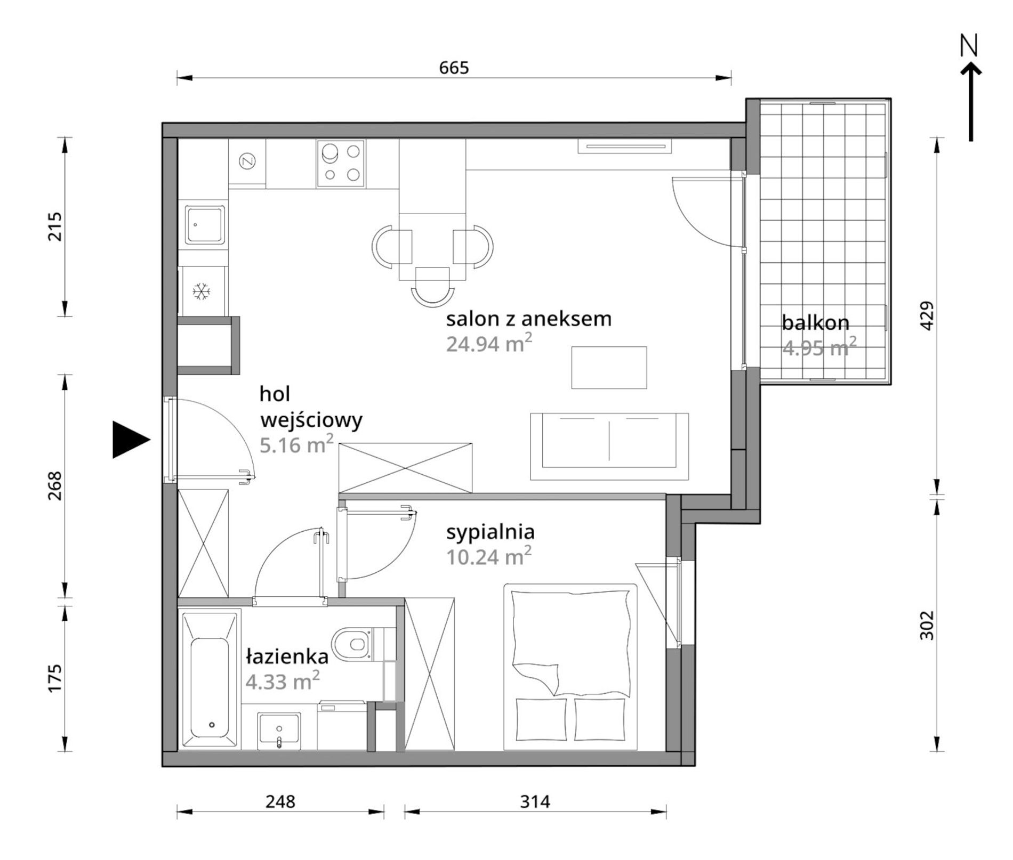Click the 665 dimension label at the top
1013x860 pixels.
[454, 68]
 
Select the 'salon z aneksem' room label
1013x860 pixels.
[528, 319]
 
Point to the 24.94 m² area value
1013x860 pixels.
[489, 343]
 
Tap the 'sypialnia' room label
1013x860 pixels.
[491, 532]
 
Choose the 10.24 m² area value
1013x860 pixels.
[489, 556]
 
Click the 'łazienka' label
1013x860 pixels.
[287, 656]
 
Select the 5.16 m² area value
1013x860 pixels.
[296, 443]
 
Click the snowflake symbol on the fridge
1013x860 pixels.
[202, 291]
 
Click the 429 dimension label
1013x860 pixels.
[927, 316]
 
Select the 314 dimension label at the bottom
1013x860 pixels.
[535, 800]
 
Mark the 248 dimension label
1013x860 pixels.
[280, 800]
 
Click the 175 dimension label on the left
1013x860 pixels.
[55, 678]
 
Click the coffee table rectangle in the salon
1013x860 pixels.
[609, 368]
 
